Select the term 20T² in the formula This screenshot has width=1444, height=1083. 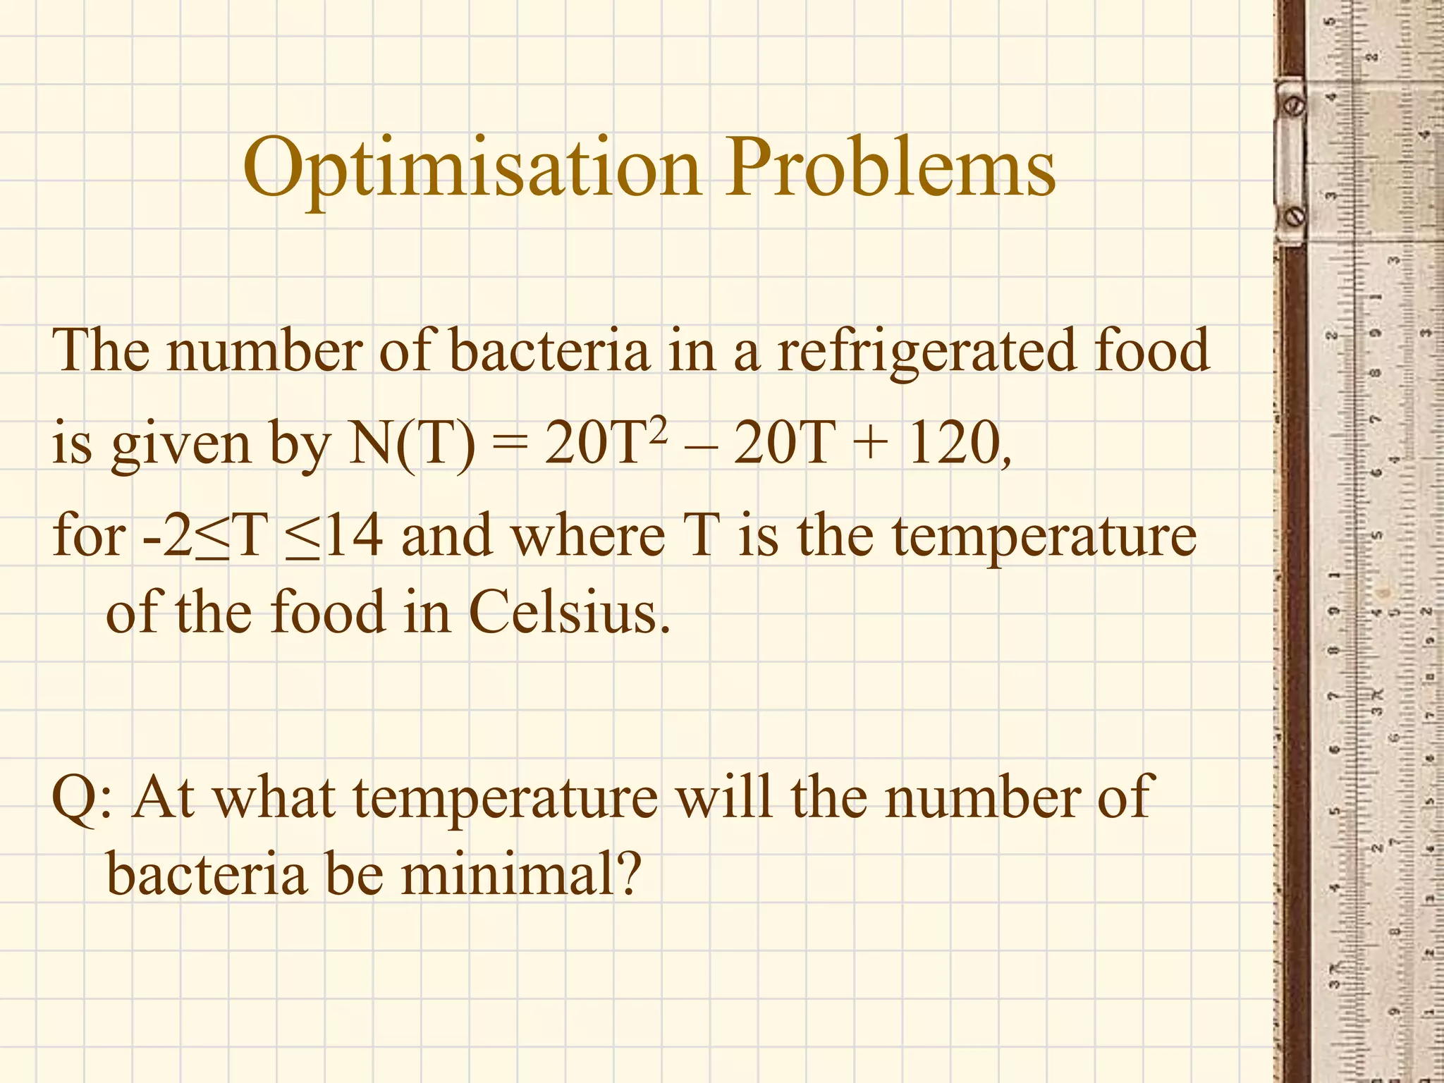605,443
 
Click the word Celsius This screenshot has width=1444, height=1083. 568,612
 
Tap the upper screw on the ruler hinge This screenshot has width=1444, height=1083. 1295,106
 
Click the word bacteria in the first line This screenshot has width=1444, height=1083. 549,350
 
